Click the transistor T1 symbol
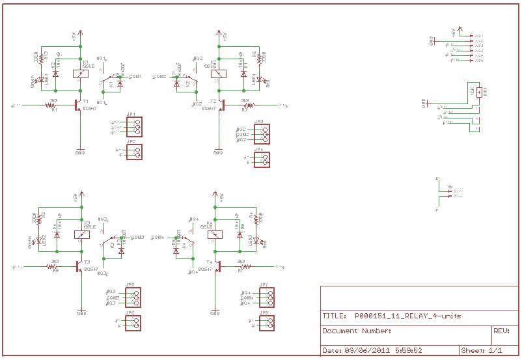[x=79, y=104]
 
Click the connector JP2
[x=133, y=152]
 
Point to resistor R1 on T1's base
[x=53, y=104]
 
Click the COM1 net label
[x=135, y=76]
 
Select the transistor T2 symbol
[x=221, y=104]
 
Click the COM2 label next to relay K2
[x=160, y=76]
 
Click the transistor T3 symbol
[x=79, y=266]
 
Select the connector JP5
[x=133, y=298]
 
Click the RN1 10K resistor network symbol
[x=479, y=92]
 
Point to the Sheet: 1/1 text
[x=481, y=350]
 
